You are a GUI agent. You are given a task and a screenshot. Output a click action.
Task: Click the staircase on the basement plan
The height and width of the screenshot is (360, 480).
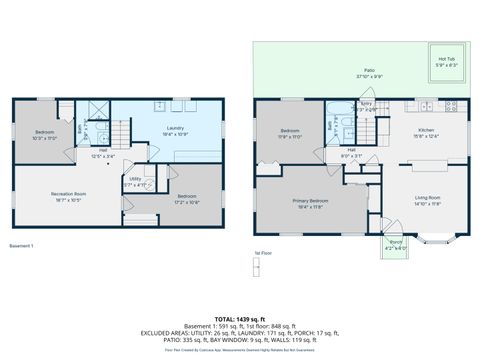119,132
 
